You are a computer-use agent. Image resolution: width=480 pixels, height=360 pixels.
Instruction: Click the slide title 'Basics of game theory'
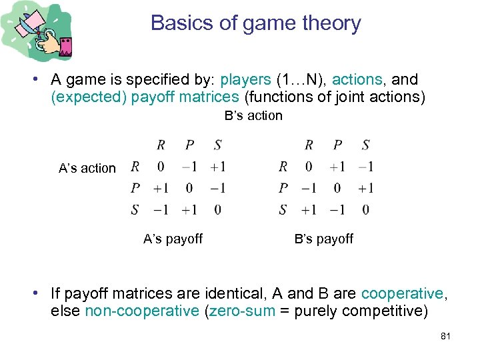click(x=256, y=23)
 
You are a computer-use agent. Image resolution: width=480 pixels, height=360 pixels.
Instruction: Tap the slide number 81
click(x=445, y=336)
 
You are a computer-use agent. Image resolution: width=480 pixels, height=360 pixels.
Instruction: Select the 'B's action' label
click(x=253, y=116)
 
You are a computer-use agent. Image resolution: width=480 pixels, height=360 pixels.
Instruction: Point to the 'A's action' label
click(x=87, y=169)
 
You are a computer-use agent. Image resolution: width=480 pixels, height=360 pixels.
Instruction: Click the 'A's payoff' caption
click(x=173, y=239)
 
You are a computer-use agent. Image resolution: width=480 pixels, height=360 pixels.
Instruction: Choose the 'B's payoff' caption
click(x=324, y=239)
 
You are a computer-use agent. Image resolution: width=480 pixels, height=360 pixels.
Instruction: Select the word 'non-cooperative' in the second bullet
click(x=142, y=311)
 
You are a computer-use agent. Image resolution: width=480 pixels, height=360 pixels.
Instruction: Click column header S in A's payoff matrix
click(x=218, y=145)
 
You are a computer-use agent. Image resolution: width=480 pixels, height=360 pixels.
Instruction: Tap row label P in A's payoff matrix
click(x=135, y=188)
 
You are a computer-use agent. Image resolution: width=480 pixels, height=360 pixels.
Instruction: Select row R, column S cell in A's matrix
click(x=217, y=167)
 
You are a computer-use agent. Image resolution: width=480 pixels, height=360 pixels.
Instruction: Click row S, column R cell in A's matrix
click(x=161, y=210)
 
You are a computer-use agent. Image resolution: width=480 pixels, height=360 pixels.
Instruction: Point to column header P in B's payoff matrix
click(x=337, y=145)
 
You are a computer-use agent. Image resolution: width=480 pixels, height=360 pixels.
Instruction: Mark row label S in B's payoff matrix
click(x=283, y=210)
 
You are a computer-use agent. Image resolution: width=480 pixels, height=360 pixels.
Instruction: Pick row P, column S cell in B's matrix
click(x=365, y=188)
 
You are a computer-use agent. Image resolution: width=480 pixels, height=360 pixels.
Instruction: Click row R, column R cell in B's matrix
click(x=309, y=167)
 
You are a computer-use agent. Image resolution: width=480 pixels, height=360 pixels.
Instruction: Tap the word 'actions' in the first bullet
click(x=357, y=80)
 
